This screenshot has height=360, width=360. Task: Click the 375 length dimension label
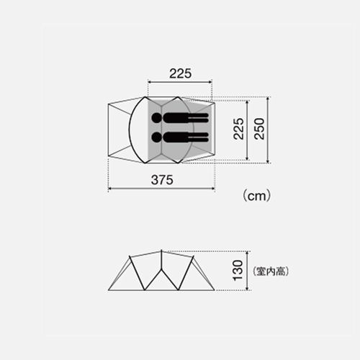point(162,180)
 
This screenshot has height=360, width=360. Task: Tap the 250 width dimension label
point(259,129)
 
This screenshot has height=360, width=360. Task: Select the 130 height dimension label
point(238,270)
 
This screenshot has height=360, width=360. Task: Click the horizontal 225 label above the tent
point(181,73)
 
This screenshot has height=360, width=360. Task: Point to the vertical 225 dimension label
point(238,129)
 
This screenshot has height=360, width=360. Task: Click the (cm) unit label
point(257,196)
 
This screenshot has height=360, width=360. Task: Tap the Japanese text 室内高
point(271,271)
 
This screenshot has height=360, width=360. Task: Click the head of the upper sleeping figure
point(157,118)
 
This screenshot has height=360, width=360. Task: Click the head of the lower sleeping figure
point(157,137)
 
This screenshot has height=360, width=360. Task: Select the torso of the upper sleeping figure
point(176,118)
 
